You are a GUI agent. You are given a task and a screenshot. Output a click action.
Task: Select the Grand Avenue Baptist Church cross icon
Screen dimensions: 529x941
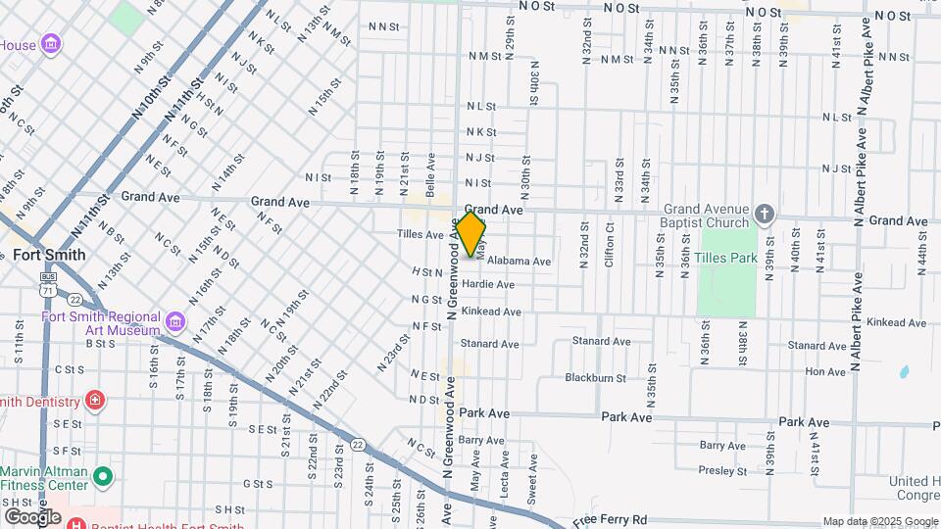click(x=765, y=213)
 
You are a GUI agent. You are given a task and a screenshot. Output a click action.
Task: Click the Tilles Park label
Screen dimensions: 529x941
click(x=726, y=258)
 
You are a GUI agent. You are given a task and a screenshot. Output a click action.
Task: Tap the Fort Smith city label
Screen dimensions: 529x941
click(x=49, y=255)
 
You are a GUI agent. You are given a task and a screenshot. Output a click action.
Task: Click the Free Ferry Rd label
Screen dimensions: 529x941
click(x=611, y=519)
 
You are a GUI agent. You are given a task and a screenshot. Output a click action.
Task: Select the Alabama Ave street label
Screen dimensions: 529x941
click(x=519, y=262)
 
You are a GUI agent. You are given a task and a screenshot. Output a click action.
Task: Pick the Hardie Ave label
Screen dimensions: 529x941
click(x=488, y=285)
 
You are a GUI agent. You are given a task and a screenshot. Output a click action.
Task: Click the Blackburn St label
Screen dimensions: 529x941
click(x=595, y=377)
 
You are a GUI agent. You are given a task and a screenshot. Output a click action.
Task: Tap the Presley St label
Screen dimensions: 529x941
click(x=723, y=470)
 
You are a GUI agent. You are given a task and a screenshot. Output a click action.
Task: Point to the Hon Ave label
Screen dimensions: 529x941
click(x=824, y=372)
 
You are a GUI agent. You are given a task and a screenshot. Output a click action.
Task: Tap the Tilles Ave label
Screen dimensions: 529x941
click(x=421, y=235)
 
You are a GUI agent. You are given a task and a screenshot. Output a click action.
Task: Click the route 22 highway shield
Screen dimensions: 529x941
click(x=359, y=445)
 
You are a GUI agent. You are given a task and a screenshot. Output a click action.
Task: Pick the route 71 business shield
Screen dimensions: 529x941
click(x=48, y=287)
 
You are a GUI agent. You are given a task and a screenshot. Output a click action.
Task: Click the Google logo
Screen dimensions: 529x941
click(x=32, y=516)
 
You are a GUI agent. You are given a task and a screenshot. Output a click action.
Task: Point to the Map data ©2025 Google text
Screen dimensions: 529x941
click(x=880, y=521)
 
